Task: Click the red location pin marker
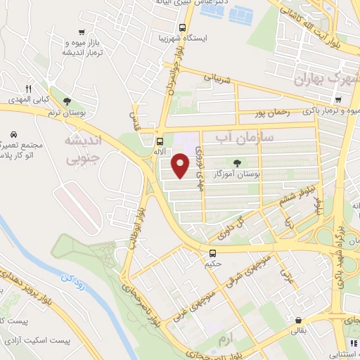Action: pos(181,166)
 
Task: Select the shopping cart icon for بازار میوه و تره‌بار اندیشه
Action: pos(82,32)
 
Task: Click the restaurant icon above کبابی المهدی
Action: pos(29,89)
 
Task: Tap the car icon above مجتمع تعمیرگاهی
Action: pos(13,133)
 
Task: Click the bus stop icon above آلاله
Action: pos(160,140)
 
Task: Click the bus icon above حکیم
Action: pos(212,252)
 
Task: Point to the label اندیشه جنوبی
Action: pos(83,150)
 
